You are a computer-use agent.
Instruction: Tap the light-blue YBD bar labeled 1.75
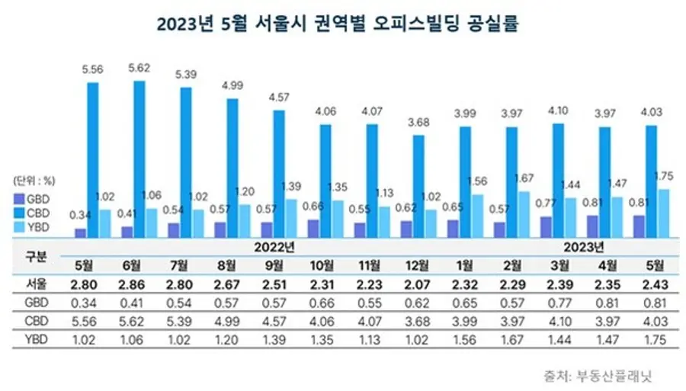[662, 213]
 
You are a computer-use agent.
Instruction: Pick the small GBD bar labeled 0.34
[81, 232]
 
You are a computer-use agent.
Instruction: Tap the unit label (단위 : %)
[34, 181]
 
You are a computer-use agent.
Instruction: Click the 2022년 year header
[277, 247]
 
